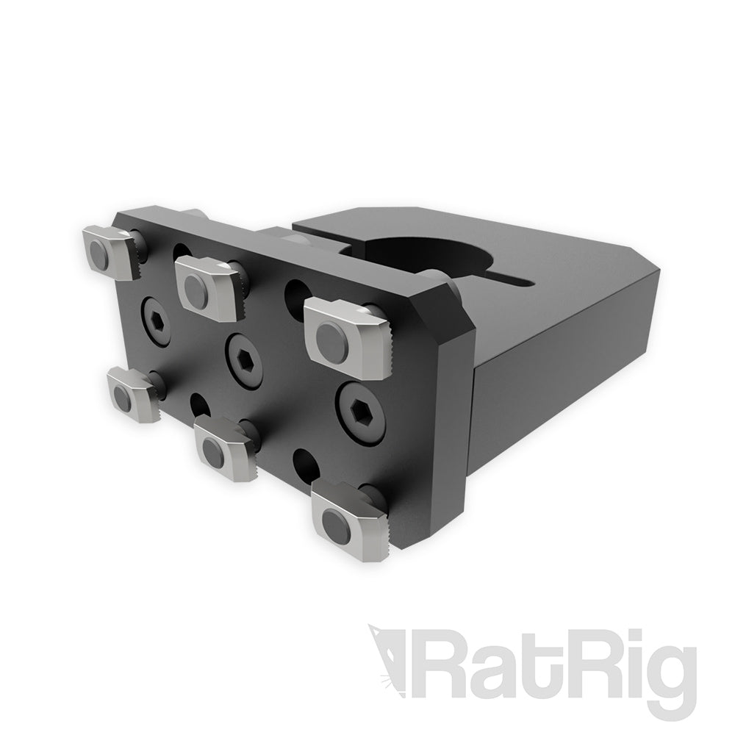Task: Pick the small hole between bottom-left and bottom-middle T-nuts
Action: pyautogui.click(x=197, y=402)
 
